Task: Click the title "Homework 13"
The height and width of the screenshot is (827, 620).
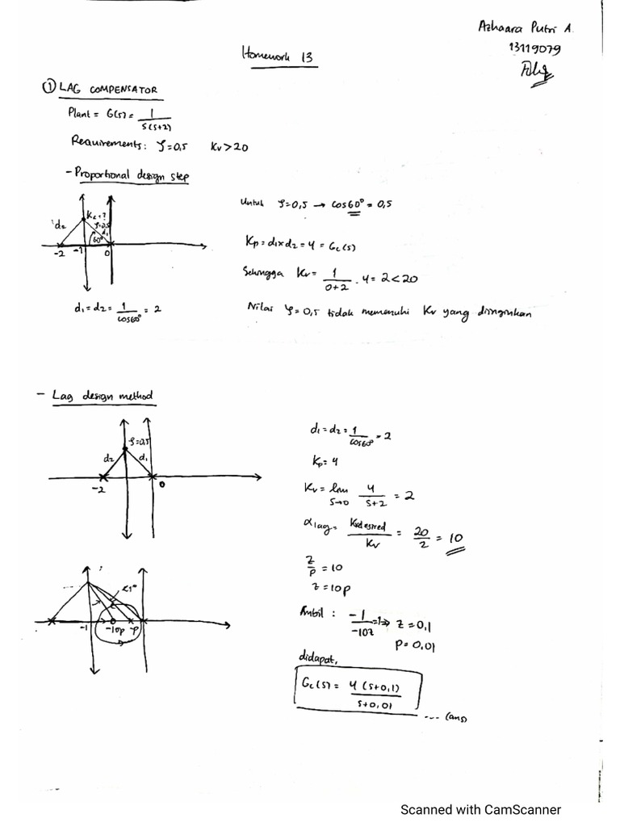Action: click(277, 57)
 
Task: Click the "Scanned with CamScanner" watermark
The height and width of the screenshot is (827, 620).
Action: click(480, 809)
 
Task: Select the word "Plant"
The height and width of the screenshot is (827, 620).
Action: click(82, 113)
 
